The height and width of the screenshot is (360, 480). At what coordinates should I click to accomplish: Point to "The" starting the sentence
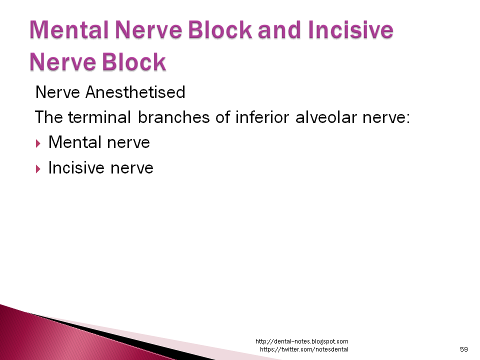[48, 118]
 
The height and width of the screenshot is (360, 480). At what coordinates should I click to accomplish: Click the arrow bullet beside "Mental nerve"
[39, 143]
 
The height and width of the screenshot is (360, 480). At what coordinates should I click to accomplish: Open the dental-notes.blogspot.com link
[301, 341]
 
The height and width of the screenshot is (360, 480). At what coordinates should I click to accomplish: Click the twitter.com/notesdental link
[304, 349]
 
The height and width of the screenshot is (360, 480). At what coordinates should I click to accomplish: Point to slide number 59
[463, 349]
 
